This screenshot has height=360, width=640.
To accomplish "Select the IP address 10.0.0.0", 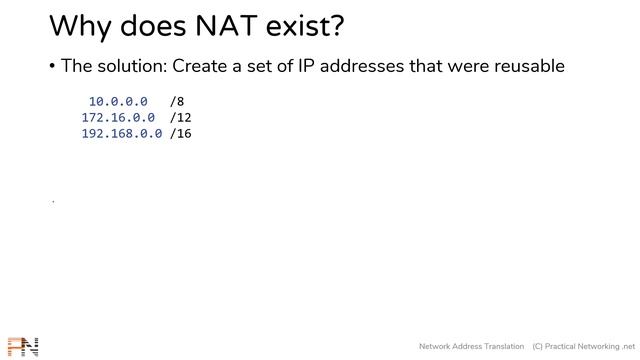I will tap(118, 101).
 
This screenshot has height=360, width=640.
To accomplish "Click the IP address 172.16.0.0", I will tap(118, 117).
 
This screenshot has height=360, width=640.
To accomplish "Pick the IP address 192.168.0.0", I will tap(122, 133).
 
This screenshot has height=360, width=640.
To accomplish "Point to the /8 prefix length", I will tap(177, 101).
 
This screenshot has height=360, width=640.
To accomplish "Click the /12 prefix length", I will tap(181, 117).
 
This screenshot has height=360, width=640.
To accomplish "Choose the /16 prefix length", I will tap(181, 133).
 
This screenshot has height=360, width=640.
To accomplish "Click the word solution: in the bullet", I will tap(131, 66).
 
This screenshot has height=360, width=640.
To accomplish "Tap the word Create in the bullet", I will tap(202, 66).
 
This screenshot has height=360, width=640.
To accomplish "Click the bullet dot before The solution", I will tap(51, 67).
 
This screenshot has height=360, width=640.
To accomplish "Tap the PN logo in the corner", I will tap(22, 347).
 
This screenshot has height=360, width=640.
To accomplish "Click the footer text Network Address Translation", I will tap(471, 346).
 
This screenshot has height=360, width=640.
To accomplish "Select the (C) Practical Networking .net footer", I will tap(584, 346).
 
